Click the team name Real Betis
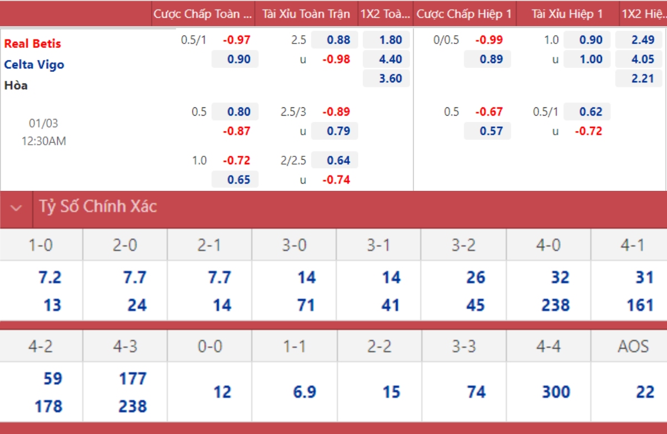[x=33, y=43]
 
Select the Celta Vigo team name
[x=34, y=65]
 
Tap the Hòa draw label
[x=16, y=85]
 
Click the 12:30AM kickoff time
[x=44, y=141]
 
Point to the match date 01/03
[x=43, y=122]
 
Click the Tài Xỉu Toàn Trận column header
[x=306, y=14]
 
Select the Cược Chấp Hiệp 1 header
[x=464, y=14]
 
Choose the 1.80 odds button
[x=386, y=40]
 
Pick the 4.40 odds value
[x=386, y=60]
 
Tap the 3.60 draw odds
[x=386, y=78]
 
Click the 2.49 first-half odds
[x=639, y=40]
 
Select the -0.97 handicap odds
[x=237, y=40]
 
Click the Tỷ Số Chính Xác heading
[x=98, y=207]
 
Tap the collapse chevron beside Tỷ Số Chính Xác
[x=17, y=208]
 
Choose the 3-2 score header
[x=464, y=245]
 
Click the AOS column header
[x=633, y=347]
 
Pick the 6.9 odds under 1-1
[x=305, y=392]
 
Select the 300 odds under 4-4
[x=556, y=392]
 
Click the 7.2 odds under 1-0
[x=50, y=278]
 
